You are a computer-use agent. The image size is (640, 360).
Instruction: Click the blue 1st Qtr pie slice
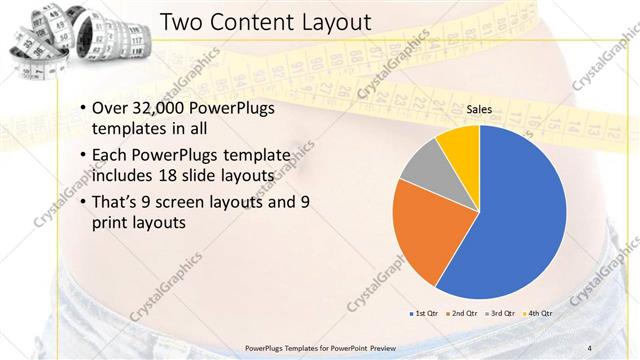pos(520,220)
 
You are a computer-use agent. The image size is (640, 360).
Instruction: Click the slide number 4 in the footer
pos(590,347)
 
